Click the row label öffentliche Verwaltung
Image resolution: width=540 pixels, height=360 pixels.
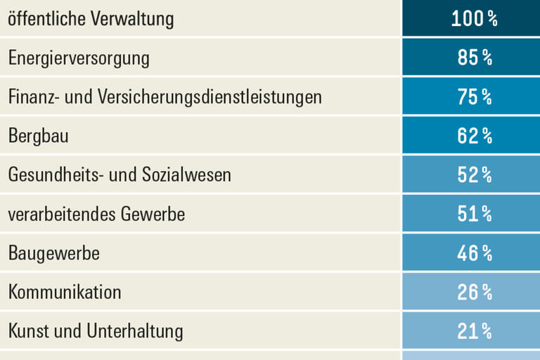[x=91, y=19]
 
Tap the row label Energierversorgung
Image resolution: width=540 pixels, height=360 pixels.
[x=79, y=58]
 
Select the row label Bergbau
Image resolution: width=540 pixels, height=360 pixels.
[x=38, y=136]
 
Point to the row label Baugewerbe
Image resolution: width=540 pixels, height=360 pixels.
[x=53, y=252]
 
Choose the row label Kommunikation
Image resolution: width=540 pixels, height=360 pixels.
[x=65, y=291]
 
